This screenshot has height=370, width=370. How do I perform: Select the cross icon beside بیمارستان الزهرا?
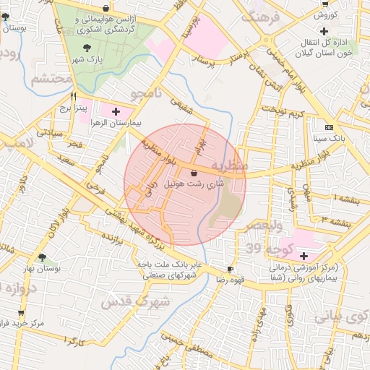(x=116, y=111)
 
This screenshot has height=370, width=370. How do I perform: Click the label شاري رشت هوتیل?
(x=194, y=185)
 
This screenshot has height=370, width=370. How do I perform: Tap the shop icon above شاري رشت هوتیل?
(x=194, y=173)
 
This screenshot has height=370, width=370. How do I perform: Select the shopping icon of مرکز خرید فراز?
(x=21, y=313)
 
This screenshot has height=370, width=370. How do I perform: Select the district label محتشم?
(x=51, y=78)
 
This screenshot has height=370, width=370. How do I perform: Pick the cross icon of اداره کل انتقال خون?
(x=324, y=31)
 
